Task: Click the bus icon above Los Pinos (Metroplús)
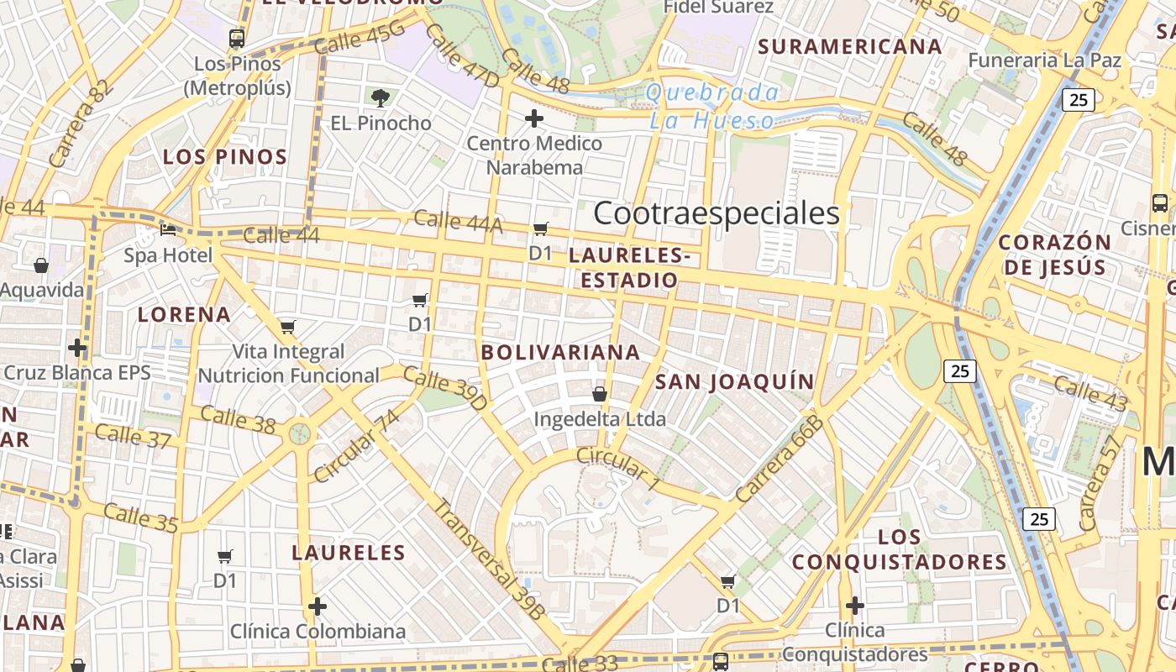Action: point(237,38)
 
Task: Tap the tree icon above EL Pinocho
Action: point(381,98)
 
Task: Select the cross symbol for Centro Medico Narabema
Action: point(533,118)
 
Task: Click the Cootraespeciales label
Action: point(717,213)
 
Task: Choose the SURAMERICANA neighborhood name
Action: point(850,46)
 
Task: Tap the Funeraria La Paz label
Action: point(1044,60)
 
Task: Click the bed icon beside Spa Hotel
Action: point(168,228)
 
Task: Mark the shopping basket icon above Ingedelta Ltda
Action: point(600,393)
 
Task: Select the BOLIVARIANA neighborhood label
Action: point(560,352)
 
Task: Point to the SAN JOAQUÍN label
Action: point(734,382)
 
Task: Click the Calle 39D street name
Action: point(445,388)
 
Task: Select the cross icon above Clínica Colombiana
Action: point(318,606)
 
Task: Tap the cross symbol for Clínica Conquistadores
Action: point(854,605)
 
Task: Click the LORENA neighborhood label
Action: point(184,315)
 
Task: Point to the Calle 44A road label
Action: point(459,222)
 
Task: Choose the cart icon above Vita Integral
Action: point(288,327)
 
